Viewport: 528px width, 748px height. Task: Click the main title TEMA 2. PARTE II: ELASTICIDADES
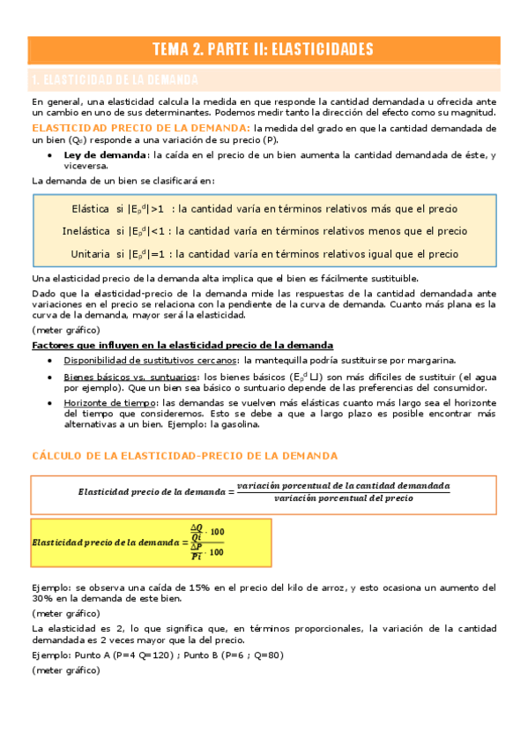(264, 49)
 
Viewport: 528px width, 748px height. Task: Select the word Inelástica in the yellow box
(86, 232)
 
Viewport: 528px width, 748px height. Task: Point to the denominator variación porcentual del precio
(343, 498)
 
